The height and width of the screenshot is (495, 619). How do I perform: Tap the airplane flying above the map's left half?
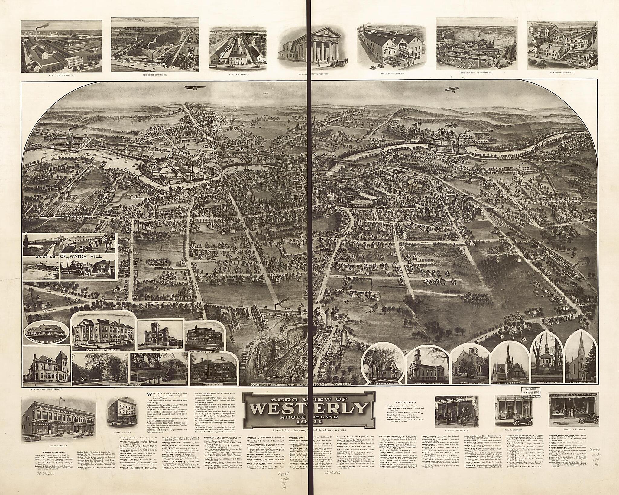(191, 88)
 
